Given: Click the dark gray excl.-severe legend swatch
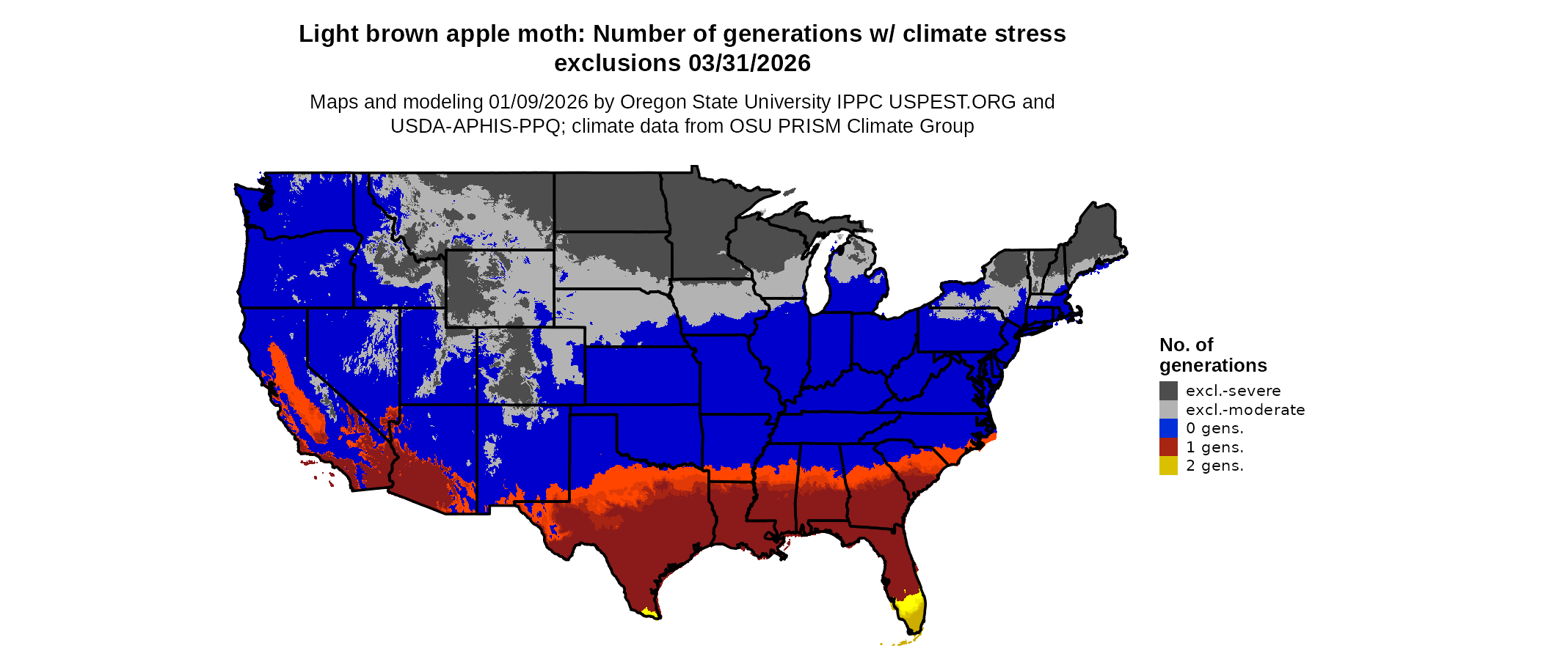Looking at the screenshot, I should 1168,391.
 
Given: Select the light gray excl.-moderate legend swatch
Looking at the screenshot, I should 1168,410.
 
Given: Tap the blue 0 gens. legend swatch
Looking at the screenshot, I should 1168,428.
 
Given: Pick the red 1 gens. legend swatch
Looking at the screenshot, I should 1168,447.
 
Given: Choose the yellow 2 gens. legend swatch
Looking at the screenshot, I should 1168,466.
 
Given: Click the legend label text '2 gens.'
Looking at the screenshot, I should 1214,466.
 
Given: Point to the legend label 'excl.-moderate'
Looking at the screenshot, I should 1245,410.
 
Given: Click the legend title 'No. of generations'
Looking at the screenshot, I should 1212,355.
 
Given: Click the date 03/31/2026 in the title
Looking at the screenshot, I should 749,64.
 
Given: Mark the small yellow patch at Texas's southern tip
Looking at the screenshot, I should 648,611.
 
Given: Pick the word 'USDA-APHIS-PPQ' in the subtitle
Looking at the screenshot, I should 475,126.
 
